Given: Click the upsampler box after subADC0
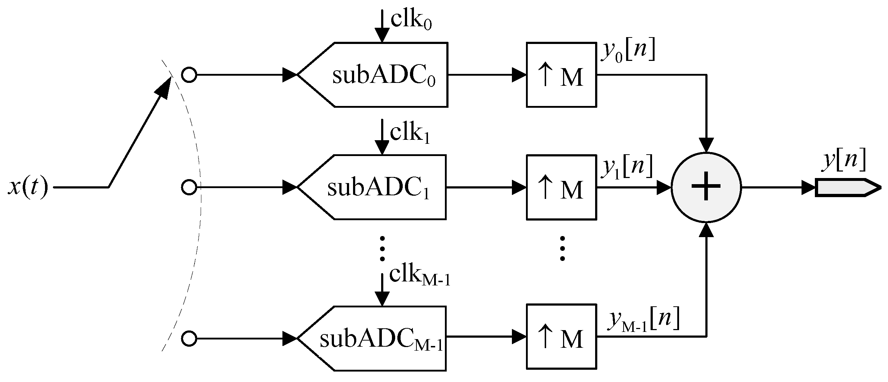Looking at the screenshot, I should [561, 75].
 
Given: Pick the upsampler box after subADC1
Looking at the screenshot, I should [561, 187].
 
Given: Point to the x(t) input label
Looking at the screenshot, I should [28, 187].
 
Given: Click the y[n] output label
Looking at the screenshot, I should [843, 161].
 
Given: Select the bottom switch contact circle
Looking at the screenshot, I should [189, 339].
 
